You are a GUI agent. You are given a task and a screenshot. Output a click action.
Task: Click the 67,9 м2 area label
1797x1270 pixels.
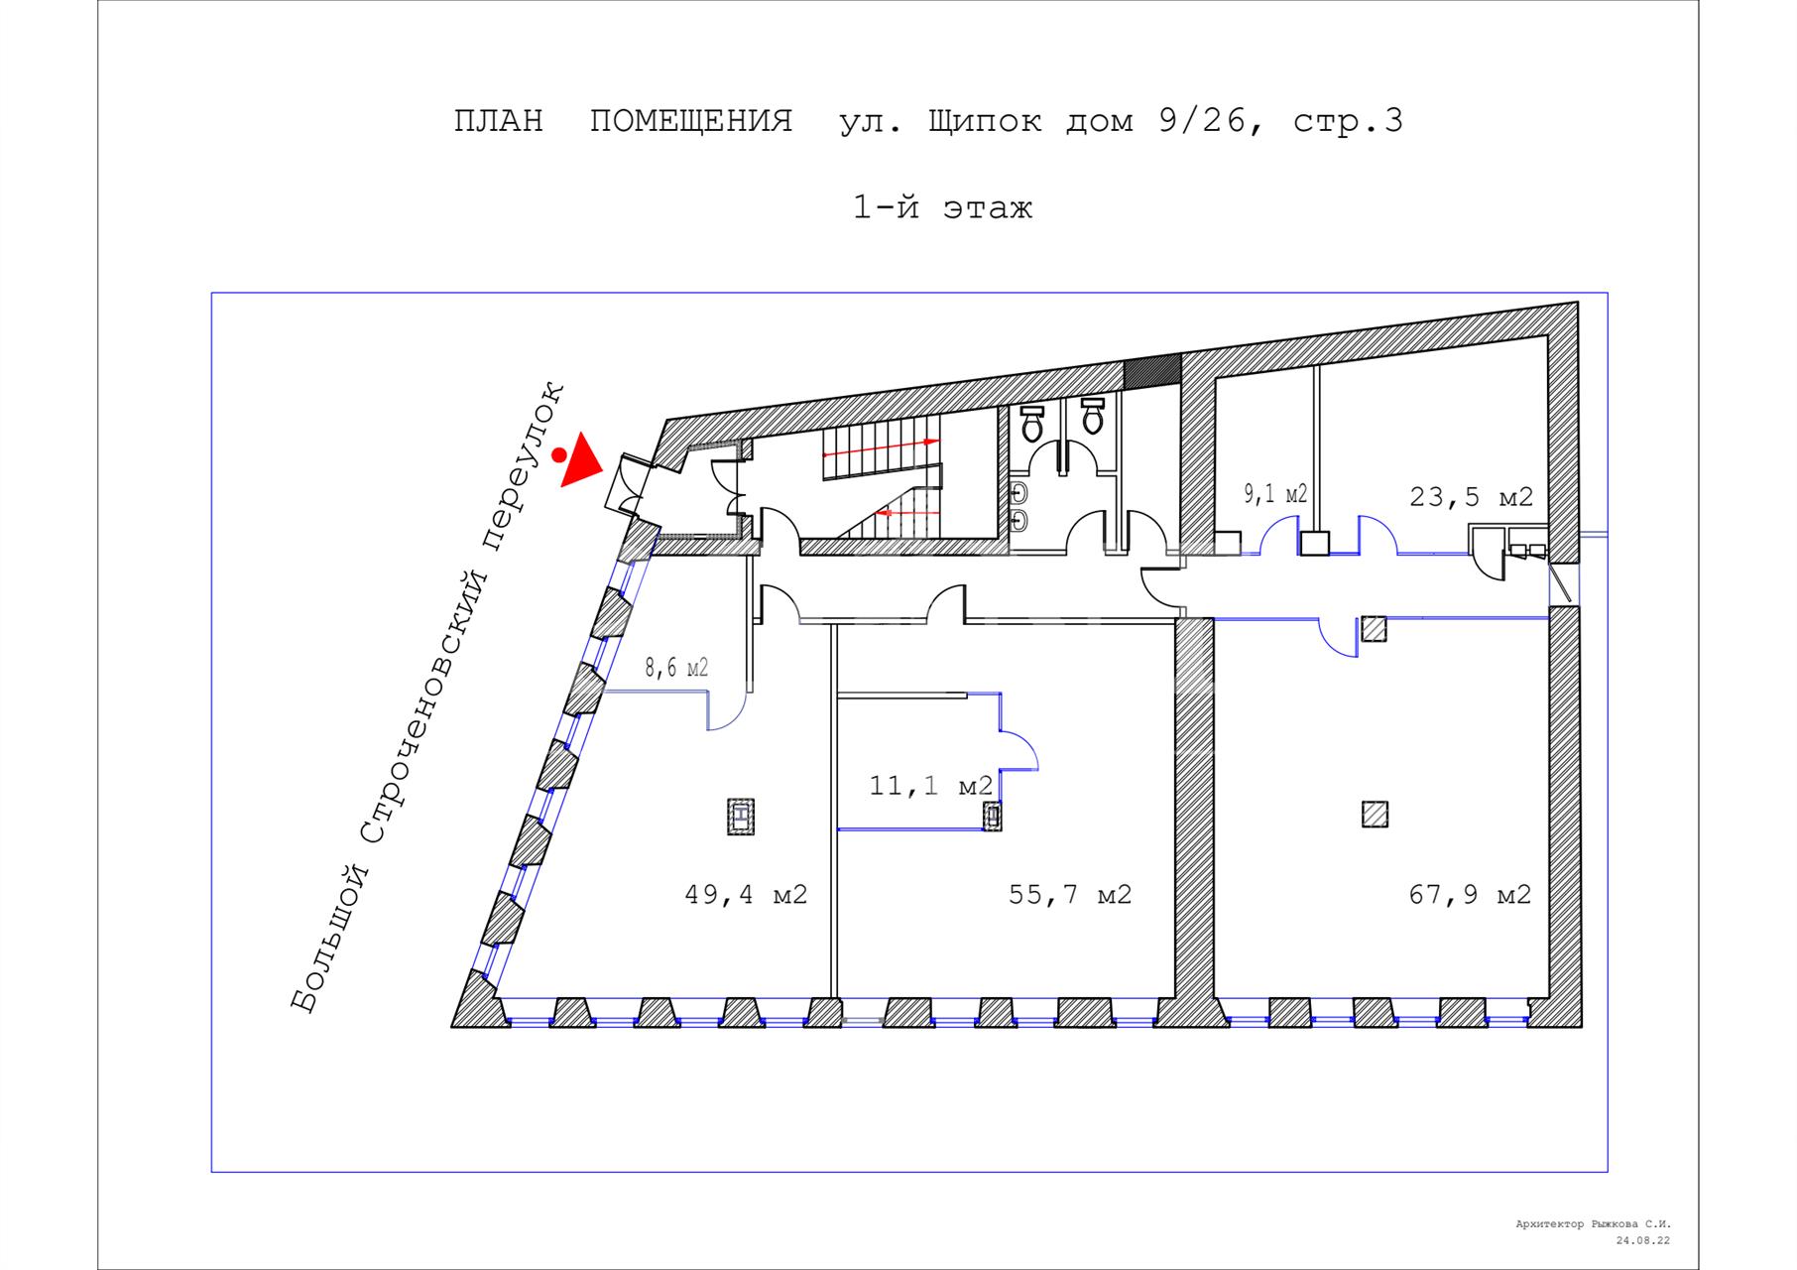pyautogui.click(x=1470, y=895)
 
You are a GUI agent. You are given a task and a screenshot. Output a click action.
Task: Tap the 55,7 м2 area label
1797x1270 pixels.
pyautogui.click(x=1070, y=895)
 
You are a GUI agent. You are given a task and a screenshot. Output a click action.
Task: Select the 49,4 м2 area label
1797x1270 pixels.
pyautogui.click(x=746, y=895)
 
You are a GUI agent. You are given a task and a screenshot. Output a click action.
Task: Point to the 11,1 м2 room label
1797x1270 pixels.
pyautogui.click(x=931, y=787)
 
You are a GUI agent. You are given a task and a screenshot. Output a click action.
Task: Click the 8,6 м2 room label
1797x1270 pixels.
pyautogui.click(x=676, y=668)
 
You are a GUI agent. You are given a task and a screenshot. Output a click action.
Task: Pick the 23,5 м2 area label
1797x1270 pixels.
pyautogui.click(x=1472, y=497)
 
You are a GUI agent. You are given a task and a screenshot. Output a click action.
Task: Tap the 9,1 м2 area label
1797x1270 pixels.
pyautogui.click(x=1276, y=494)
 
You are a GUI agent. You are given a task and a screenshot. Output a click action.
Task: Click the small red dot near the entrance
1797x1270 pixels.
pyautogui.click(x=559, y=455)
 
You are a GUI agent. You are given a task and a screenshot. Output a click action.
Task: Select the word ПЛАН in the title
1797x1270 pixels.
pyautogui.click(x=499, y=121)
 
